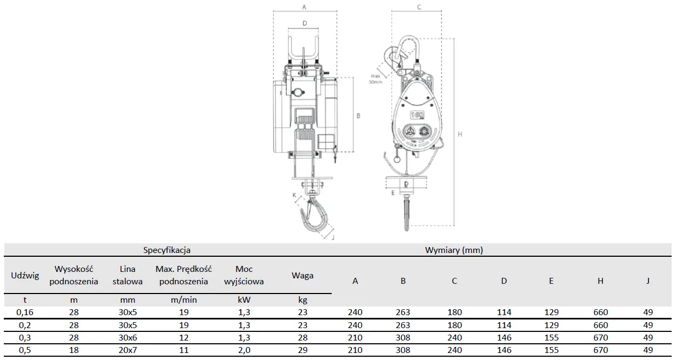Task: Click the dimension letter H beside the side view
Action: click(x=460, y=134)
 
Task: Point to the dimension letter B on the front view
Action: click(x=358, y=116)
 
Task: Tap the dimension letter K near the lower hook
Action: click(x=294, y=195)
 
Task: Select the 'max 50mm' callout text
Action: click(x=376, y=79)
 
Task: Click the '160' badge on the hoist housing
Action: click(x=417, y=115)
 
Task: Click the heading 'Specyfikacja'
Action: click(x=167, y=250)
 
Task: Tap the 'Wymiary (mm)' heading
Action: click(x=454, y=250)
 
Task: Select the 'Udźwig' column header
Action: click(x=25, y=275)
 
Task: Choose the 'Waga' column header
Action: click(x=303, y=275)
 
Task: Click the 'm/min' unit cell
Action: click(x=184, y=300)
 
